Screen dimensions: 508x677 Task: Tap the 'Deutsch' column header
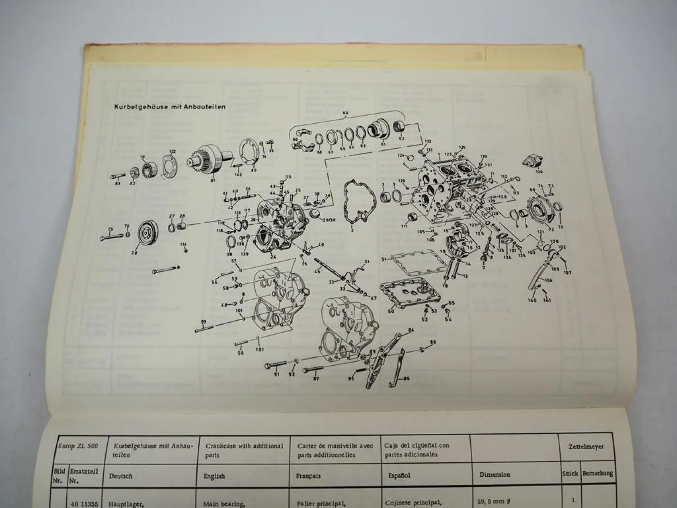121,476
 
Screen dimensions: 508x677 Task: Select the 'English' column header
214,476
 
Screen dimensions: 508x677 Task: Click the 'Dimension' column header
495,475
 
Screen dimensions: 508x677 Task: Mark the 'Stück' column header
570,474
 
